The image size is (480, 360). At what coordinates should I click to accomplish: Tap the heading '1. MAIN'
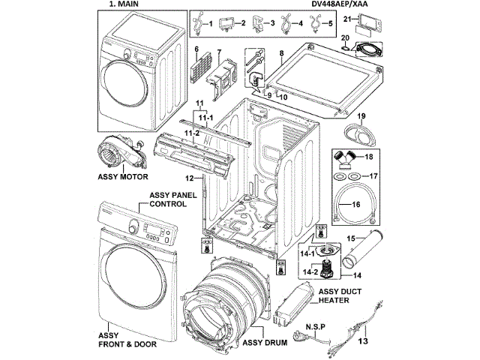(x=120, y=4)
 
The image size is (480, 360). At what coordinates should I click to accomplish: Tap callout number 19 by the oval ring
(x=361, y=116)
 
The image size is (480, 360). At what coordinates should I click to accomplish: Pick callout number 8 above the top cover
(x=280, y=55)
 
